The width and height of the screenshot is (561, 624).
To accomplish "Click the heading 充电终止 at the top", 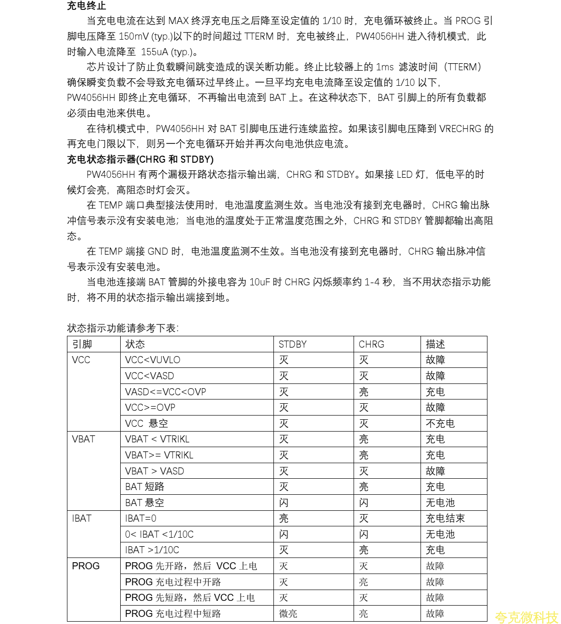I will pos(87,6).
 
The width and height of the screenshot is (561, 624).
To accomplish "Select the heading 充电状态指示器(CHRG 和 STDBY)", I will pos(140,159).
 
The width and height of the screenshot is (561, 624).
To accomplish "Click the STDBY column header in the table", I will pos(292,344).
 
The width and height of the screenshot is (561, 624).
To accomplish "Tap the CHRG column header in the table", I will pos(371,344).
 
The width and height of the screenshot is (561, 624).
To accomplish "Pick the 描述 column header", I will pos(435,344).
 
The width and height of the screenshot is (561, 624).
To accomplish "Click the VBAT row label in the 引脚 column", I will pos(83,439).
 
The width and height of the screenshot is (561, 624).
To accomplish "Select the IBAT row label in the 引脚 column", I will pos(82,518).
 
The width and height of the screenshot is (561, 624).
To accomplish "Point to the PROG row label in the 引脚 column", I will pos(86,566).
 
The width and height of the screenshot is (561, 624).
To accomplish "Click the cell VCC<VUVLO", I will pos(153,360).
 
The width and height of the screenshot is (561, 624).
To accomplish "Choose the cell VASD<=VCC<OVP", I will pos(165,392).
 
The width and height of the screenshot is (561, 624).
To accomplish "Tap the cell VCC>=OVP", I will pos(150,408).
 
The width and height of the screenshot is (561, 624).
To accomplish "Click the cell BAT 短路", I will pos(145,487).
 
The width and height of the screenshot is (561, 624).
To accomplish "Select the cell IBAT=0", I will pos(140,518).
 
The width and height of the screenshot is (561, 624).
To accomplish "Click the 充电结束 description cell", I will pos(445,518).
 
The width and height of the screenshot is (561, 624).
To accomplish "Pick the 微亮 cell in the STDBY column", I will pos(288,614).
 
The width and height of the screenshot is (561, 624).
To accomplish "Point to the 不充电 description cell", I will pos(440,424).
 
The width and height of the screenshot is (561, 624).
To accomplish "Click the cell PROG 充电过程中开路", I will pos(173,582).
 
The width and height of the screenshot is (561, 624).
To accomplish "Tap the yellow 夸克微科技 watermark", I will pos(526,617).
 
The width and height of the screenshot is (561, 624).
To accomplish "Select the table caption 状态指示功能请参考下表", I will pos(123,328).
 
